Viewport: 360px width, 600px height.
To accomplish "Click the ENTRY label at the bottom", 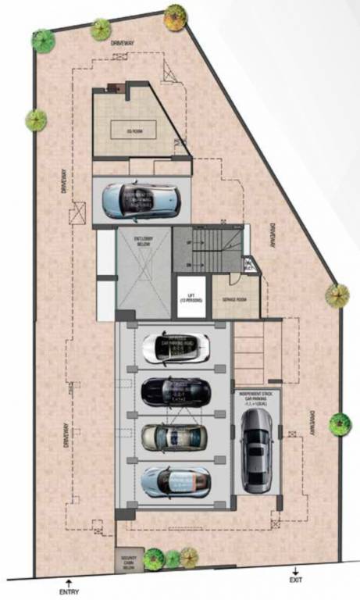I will [x=69, y=591].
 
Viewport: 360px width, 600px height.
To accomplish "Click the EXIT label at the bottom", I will [x=296, y=580].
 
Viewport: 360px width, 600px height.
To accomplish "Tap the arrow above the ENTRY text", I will [x=69, y=580].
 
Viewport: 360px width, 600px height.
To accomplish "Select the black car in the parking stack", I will [x=176, y=389].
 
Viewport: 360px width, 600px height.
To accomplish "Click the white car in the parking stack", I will [x=176, y=347].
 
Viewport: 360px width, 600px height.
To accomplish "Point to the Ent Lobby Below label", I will [x=143, y=241].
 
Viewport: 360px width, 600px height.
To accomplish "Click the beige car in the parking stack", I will [x=175, y=435].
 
